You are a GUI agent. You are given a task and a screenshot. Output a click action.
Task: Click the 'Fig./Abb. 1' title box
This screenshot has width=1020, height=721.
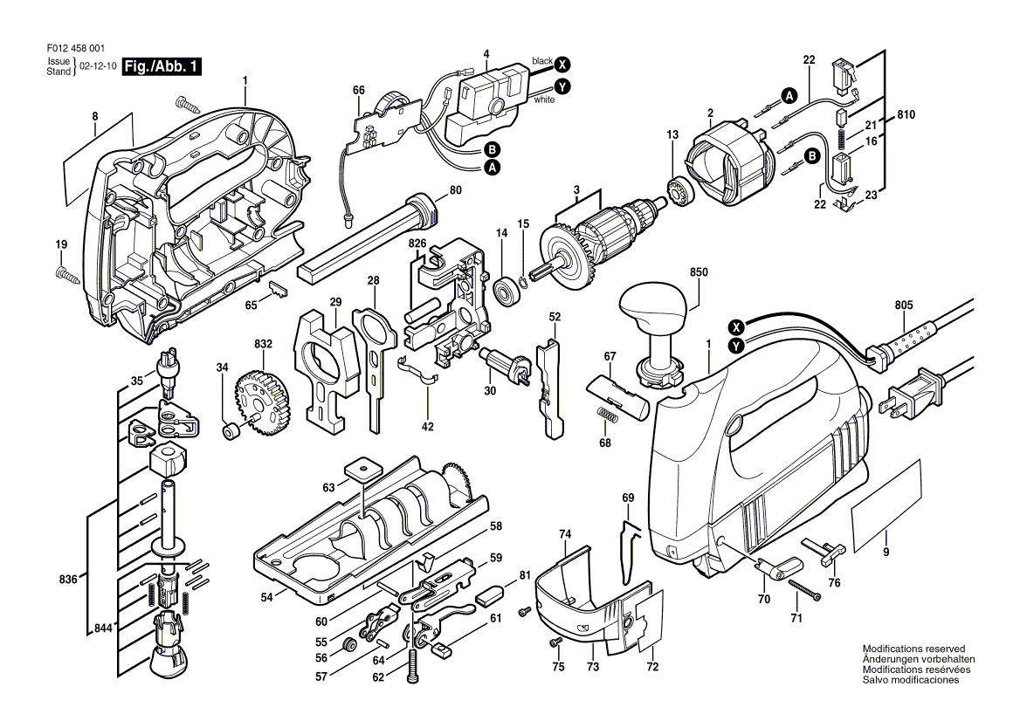[x=162, y=66]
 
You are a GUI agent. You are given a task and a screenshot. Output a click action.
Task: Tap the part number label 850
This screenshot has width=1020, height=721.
[x=699, y=272]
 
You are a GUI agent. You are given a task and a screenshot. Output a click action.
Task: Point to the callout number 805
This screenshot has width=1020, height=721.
[x=904, y=305]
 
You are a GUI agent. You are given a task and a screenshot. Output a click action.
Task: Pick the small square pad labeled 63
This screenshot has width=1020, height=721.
[x=361, y=467]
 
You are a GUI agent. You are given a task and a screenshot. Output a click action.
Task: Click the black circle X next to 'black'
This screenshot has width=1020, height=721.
[x=562, y=64]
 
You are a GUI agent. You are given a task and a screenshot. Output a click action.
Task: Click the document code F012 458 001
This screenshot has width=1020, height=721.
[x=76, y=48]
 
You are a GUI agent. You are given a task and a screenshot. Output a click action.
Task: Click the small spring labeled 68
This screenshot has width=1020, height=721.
[x=606, y=414]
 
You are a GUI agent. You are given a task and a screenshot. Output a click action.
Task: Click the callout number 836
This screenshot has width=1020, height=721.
[x=68, y=580]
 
